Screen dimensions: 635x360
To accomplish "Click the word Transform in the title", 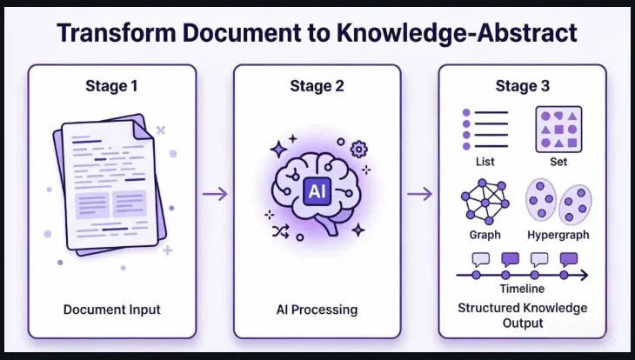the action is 117,33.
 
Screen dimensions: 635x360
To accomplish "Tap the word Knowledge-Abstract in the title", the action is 457,34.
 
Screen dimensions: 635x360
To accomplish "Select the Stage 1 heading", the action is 111,86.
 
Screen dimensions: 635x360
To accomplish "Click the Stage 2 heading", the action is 317,86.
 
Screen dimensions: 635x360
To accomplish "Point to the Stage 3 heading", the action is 523,86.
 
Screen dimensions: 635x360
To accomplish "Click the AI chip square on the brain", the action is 317,191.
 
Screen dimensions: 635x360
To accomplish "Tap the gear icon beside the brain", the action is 358,149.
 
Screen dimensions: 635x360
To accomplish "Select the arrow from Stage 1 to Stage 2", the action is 215,195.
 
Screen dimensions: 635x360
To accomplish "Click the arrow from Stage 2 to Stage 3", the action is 420,195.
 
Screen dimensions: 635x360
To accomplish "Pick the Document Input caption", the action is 111,310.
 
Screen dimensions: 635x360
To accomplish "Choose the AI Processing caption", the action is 317,310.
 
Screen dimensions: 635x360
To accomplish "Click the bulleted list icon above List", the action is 485,130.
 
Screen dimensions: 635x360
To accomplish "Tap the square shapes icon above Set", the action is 558,130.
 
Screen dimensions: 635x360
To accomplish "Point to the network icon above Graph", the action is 485,202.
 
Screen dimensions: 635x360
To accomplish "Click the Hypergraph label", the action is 558,236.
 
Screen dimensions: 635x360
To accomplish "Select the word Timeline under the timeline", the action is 522,289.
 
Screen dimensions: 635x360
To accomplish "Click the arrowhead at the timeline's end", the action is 584,276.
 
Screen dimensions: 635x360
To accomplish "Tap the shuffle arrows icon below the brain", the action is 281,231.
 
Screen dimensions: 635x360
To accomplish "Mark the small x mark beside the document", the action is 161,130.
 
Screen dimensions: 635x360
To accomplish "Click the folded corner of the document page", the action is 143,130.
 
